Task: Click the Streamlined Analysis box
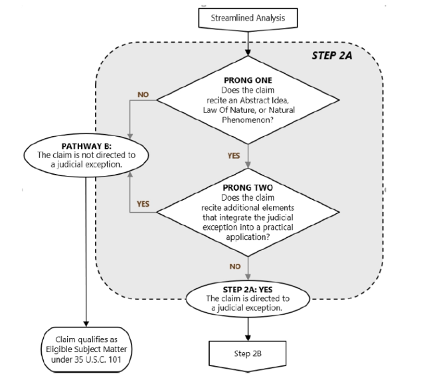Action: [x=247, y=18]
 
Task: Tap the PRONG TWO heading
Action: [x=248, y=187]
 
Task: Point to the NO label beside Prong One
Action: [x=143, y=94]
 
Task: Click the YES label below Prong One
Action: [x=234, y=156]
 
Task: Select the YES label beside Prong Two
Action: [x=143, y=203]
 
